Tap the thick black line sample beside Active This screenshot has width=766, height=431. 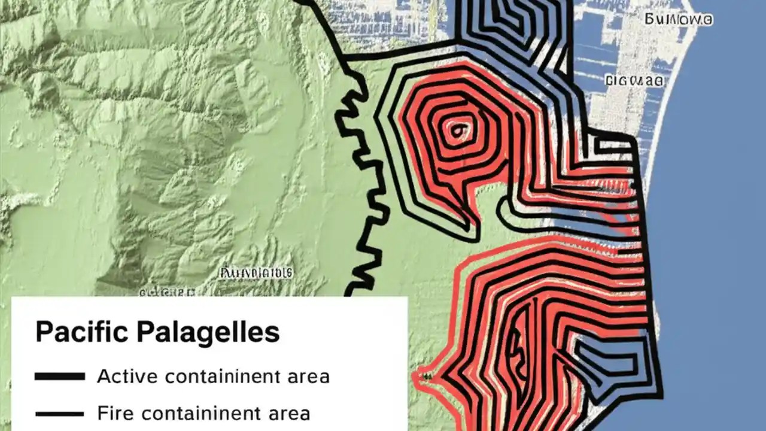tap(59, 377)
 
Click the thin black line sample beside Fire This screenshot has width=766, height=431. tap(59, 414)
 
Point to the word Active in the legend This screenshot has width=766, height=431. tap(127, 377)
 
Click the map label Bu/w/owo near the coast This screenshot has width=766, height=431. tap(679, 20)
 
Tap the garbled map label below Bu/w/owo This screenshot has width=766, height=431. tap(634, 80)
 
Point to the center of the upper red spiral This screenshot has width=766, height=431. tap(458, 129)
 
